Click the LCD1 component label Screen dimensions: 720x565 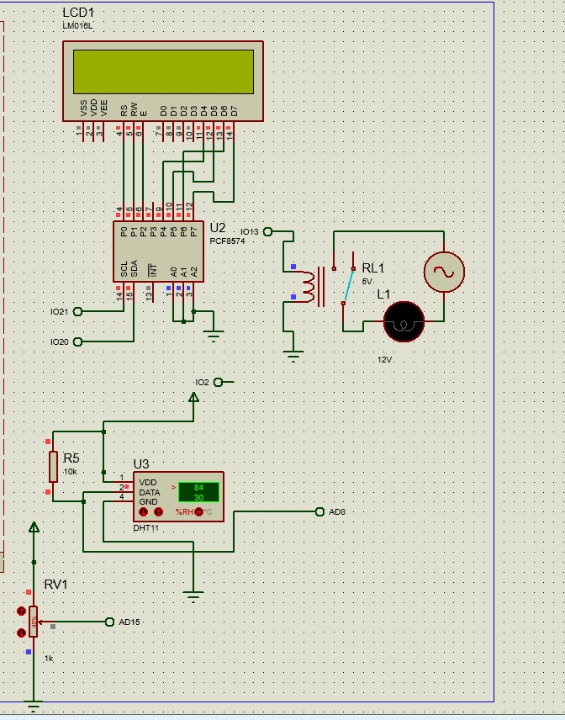(78, 13)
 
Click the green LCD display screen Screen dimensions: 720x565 (163, 71)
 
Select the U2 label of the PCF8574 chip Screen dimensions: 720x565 (218, 228)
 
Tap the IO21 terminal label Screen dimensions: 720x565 (59, 311)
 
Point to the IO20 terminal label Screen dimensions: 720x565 (59, 341)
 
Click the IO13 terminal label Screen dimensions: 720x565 (250, 231)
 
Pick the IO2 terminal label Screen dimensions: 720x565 (202, 382)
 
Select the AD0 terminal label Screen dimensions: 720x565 (337, 511)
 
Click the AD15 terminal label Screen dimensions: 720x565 (129, 622)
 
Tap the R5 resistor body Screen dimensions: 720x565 (53, 466)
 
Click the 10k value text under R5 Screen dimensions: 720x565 (71, 472)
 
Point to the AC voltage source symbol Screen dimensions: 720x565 (443, 271)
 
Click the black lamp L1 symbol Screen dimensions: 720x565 (404, 321)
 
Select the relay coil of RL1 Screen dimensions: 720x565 (309, 286)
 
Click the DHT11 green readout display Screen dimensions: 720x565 (198, 492)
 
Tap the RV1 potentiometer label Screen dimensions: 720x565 (55, 585)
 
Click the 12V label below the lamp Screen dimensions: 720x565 (385, 359)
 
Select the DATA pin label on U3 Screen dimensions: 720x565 (149, 492)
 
